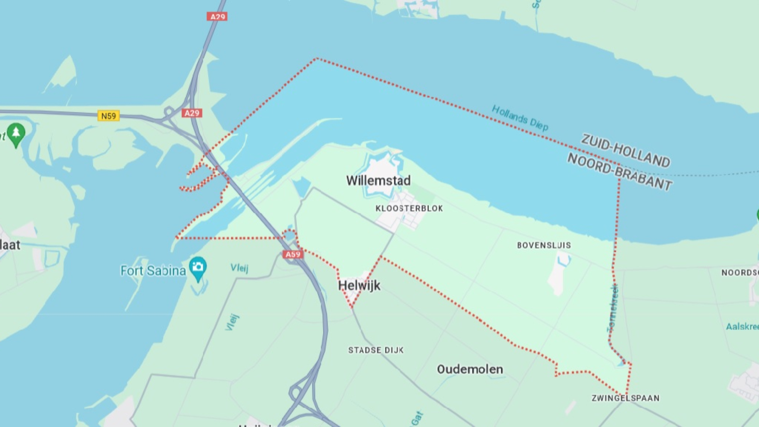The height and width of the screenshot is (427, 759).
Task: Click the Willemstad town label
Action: [378, 181]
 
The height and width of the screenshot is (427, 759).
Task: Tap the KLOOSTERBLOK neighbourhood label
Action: [409, 208]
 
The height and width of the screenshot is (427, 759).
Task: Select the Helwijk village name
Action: [359, 285]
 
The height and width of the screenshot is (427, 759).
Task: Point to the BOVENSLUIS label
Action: [544, 245]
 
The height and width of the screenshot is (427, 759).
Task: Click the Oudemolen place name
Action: [470, 369]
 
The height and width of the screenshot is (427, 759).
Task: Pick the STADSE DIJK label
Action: [376, 350]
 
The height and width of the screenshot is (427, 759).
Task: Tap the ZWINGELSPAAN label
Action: [625, 398]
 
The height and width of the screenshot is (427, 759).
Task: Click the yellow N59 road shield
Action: [108, 116]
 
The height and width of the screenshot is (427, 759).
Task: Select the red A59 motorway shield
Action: [293, 254]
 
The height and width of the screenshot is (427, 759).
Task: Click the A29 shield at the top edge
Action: [217, 17]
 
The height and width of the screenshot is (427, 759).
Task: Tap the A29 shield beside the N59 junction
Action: [192, 113]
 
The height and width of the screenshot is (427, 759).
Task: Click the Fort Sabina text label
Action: [153, 271]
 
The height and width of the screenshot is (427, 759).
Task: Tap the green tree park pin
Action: [16, 134]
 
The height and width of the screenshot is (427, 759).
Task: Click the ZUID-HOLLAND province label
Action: [625, 151]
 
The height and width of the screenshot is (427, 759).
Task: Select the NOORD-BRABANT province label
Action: [619, 171]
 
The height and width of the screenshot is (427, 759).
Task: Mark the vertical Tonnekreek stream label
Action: [612, 308]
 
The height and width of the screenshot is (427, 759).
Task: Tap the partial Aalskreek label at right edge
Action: [742, 327]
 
